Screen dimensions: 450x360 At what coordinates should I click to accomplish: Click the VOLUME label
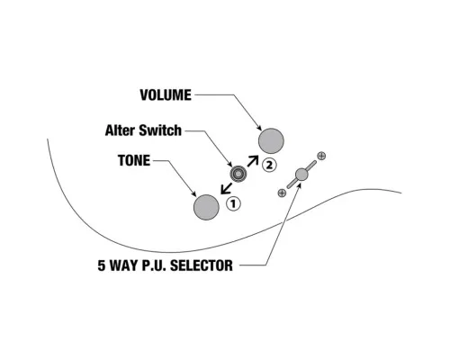click(166, 95)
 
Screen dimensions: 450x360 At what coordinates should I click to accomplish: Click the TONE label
click(134, 160)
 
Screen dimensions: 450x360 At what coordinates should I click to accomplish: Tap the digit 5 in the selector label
click(102, 265)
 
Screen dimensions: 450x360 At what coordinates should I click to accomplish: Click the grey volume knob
click(271, 140)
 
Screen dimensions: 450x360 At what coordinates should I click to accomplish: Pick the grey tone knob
click(206, 207)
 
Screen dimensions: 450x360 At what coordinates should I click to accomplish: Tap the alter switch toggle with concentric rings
click(238, 174)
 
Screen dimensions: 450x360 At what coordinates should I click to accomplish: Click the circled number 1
click(233, 204)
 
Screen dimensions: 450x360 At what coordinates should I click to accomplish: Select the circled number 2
click(269, 165)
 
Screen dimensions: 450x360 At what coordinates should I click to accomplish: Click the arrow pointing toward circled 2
click(253, 161)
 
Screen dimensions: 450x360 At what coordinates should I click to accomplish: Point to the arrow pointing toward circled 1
click(226, 189)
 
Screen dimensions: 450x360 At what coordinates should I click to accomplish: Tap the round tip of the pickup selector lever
click(301, 175)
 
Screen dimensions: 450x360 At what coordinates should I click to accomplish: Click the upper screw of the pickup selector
click(321, 156)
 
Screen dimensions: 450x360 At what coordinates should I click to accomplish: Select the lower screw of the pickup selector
click(282, 193)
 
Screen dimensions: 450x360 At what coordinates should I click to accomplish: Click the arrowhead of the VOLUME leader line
click(259, 128)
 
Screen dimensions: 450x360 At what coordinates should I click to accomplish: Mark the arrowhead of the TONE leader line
click(193, 194)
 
